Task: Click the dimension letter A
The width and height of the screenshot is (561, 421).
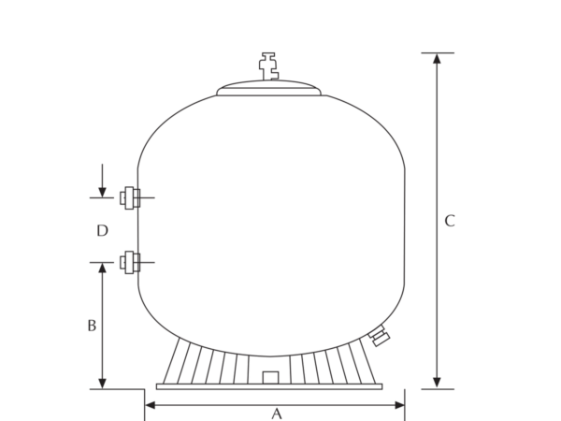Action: click(276, 414)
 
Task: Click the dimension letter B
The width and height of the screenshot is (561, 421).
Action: click(92, 326)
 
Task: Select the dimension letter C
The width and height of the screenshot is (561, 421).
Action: click(450, 221)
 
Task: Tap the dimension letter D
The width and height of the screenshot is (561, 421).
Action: click(102, 230)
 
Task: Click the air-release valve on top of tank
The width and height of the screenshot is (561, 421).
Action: click(268, 66)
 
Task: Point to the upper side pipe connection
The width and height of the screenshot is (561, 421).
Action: click(130, 197)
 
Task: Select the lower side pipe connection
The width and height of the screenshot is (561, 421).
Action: click(130, 262)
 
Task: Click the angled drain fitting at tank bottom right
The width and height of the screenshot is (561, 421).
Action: click(380, 336)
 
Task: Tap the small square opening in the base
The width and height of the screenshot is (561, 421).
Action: click(270, 378)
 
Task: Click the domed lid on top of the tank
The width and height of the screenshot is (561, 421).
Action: click(268, 88)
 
